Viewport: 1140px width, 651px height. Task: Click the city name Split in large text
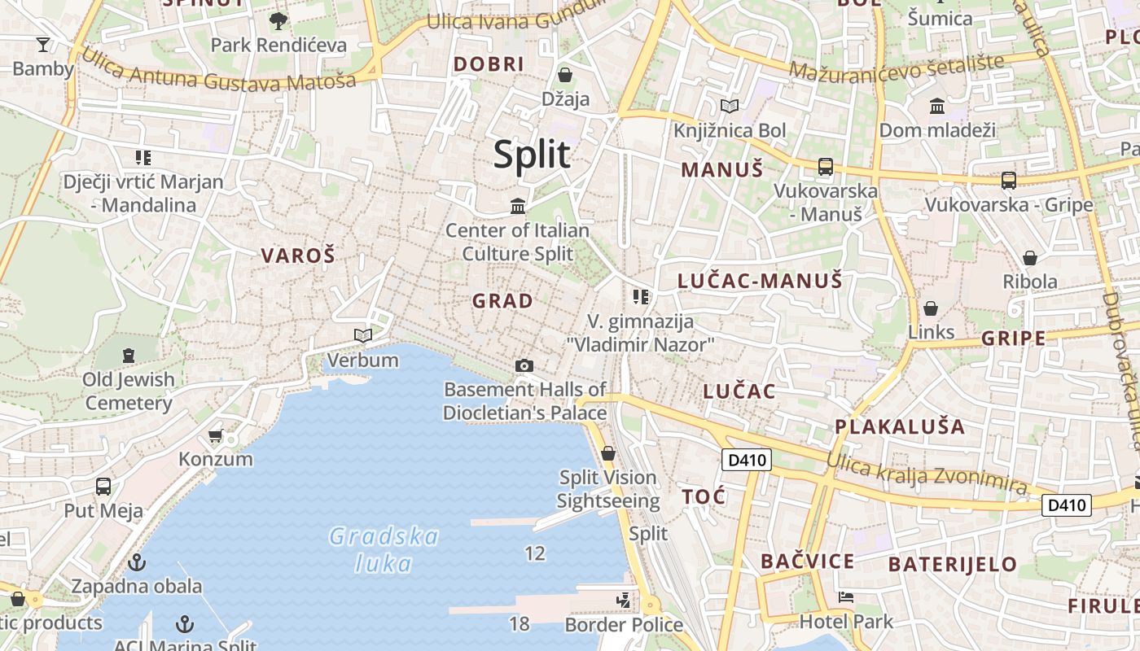coord(532,154)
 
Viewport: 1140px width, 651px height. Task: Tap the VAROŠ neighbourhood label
coord(298,256)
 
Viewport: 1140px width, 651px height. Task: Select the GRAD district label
coord(503,301)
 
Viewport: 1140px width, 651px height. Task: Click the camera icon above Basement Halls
coord(524,366)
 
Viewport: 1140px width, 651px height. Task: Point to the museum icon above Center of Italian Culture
coord(518,206)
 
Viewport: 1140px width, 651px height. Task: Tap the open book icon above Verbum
coord(363,335)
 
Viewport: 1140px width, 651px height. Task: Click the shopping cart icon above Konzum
coord(216,436)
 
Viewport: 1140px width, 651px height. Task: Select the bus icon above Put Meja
coord(103,487)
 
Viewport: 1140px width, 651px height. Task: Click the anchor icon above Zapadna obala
coord(137,562)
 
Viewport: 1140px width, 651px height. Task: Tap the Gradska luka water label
coord(384,549)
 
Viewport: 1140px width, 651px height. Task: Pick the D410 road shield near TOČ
coord(747,461)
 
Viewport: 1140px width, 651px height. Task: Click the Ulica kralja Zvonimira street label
coord(926,473)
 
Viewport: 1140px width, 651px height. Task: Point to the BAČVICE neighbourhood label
coord(807,561)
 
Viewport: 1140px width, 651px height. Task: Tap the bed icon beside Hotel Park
coord(846,597)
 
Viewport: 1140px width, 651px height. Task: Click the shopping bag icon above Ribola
coord(1030,258)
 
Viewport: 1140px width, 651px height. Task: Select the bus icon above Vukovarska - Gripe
coord(1008,181)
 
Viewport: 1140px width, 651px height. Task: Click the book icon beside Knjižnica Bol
coord(730,106)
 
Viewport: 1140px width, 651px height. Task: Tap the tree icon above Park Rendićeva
coord(278,20)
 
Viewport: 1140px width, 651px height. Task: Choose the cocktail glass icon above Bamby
coord(43,44)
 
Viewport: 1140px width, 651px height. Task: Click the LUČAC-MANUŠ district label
coord(760,282)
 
